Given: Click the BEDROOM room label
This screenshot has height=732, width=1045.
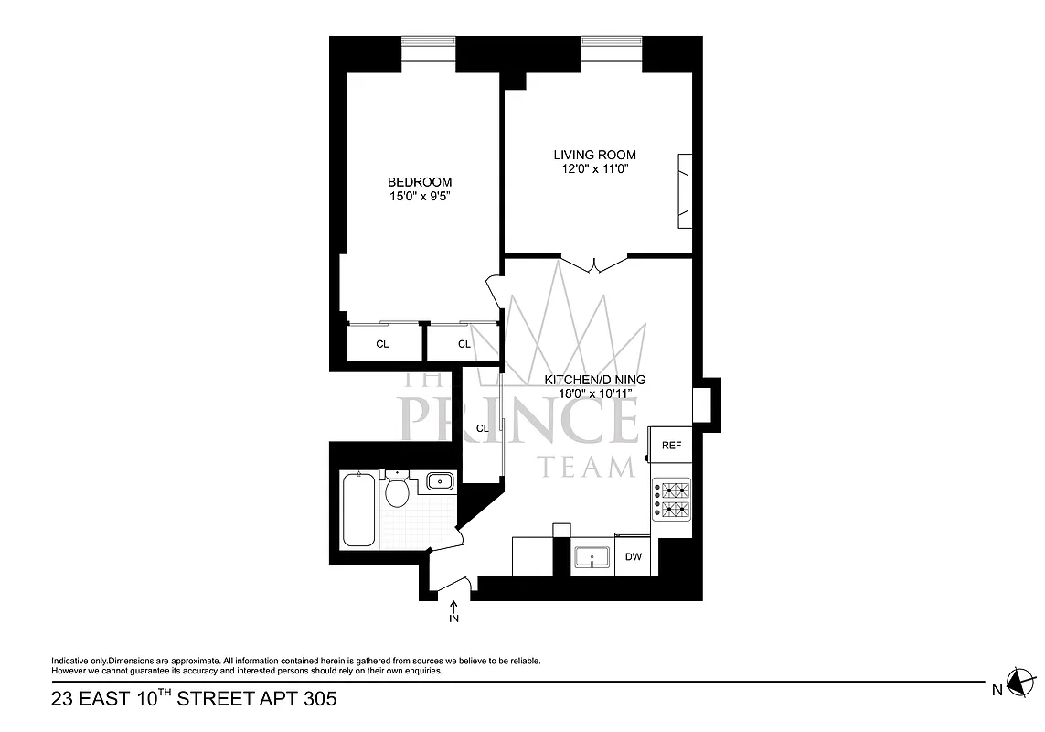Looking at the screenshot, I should pos(419,182).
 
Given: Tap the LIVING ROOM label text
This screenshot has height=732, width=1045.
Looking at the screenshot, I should pos(594,155).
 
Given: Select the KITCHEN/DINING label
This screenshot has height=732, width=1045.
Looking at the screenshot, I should pos(595,380).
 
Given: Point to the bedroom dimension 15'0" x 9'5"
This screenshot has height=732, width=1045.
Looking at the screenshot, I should pos(419,196).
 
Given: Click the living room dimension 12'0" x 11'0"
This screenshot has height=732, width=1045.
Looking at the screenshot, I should pos(594,168).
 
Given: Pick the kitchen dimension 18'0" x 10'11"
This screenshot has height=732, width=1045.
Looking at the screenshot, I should pos(595,393).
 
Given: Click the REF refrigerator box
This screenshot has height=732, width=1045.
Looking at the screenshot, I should pos(671,446).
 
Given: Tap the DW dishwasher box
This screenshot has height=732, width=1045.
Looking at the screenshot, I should pos(633,557).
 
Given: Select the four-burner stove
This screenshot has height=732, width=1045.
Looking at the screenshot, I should pos(672,500).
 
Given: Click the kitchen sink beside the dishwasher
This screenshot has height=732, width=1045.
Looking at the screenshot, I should pos(592,557).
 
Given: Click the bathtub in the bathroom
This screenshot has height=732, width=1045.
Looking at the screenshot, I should pos(357,510).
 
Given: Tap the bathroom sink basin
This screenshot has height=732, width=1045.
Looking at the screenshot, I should pos(441,480).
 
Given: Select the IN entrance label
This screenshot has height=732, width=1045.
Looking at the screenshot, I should pos(454,619).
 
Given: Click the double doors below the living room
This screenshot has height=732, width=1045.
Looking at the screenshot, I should pos(594,264).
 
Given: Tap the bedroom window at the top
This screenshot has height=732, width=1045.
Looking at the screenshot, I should pos(429,41).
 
